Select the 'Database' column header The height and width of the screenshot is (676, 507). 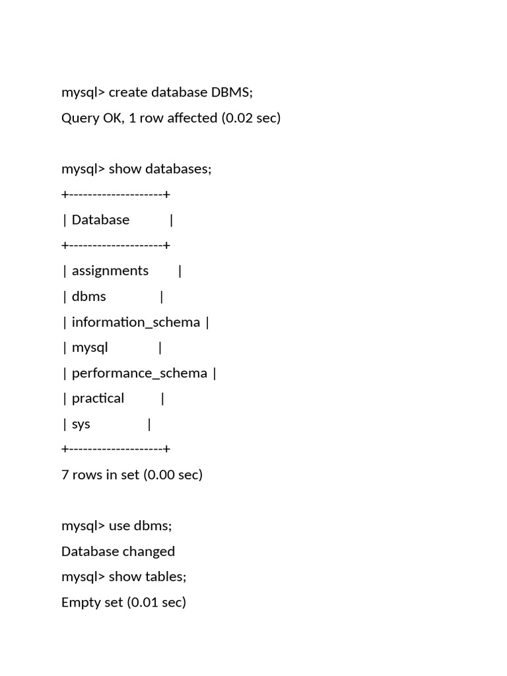click(100, 220)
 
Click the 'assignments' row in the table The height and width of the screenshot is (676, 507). click(110, 271)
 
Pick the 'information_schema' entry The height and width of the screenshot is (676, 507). click(135, 322)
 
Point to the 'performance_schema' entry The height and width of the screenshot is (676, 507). click(139, 373)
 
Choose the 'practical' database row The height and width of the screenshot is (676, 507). click(98, 398)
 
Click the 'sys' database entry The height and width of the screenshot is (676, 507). click(81, 424)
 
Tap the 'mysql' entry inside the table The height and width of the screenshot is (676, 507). click(90, 347)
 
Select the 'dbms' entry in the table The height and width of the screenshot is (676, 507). click(89, 296)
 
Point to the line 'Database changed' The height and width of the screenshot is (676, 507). click(118, 551)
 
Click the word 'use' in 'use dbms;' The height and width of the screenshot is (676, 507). click(119, 525)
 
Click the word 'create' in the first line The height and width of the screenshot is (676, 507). click(128, 92)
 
